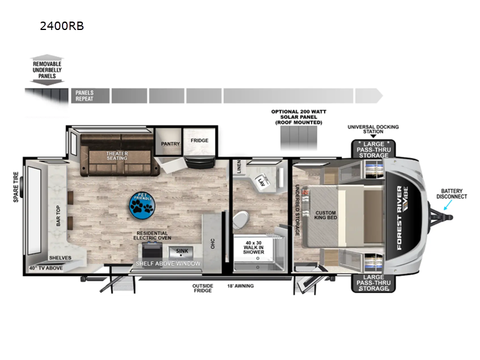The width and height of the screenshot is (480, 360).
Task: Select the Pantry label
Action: point(167,144)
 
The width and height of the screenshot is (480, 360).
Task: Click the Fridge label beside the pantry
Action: point(200,141)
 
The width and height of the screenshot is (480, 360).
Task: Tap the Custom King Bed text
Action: point(325,215)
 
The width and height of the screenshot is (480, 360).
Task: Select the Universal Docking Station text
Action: point(373,130)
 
